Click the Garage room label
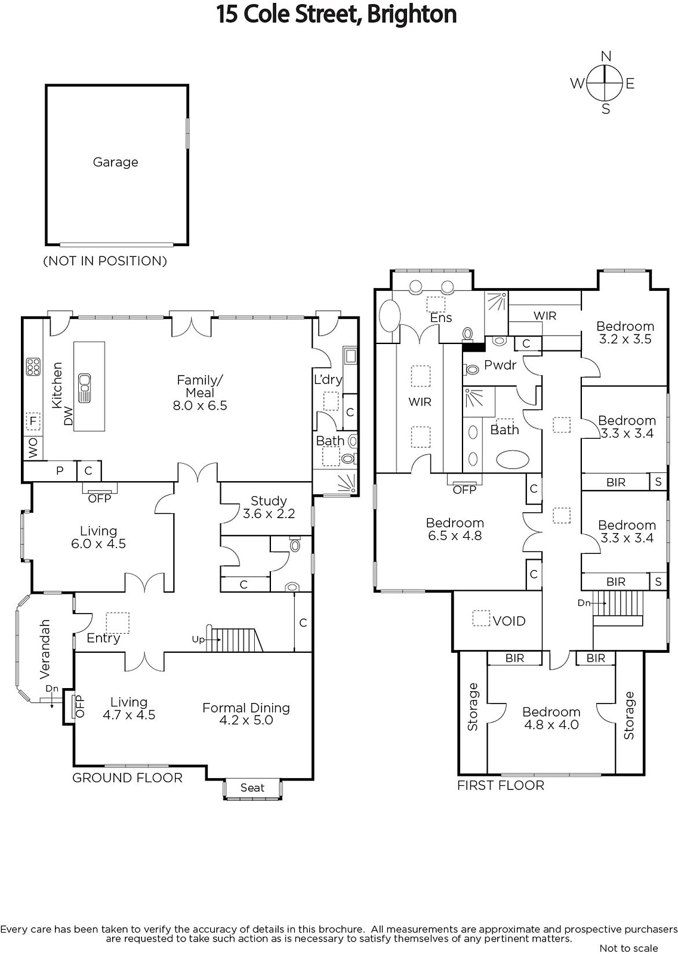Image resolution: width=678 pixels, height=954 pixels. pos(116,162)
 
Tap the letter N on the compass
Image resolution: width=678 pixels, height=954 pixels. pos(606,56)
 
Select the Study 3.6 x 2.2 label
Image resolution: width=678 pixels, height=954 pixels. pos(269,507)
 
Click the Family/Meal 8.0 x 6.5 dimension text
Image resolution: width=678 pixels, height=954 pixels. pos(200,405)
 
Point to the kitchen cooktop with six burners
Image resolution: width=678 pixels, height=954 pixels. pos(33,366)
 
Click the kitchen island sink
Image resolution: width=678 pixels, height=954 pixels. pos(84,388)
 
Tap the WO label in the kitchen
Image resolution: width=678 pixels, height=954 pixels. pos(33,448)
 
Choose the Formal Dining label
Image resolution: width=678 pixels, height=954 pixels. pos(246,708)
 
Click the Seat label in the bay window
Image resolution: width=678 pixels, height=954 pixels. pos(252,788)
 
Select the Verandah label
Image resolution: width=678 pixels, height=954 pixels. pos(45,649)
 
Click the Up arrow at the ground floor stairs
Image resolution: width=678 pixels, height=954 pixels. pos(213,640)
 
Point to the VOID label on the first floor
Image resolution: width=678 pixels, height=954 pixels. pos(510,621)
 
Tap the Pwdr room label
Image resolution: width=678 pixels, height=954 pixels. pos(500,365)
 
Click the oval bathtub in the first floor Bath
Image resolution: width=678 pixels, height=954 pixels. pos(513,460)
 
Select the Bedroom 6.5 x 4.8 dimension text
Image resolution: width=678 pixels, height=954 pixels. pos(455,535)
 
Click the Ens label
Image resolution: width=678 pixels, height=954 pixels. pos(441,318)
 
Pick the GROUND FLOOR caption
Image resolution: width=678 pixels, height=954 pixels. pos(127,778)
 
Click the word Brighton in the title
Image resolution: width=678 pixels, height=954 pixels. pos(411,14)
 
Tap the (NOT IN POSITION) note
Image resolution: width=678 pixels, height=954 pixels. pos(105,261)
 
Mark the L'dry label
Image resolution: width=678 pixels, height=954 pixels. pos(328,379)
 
